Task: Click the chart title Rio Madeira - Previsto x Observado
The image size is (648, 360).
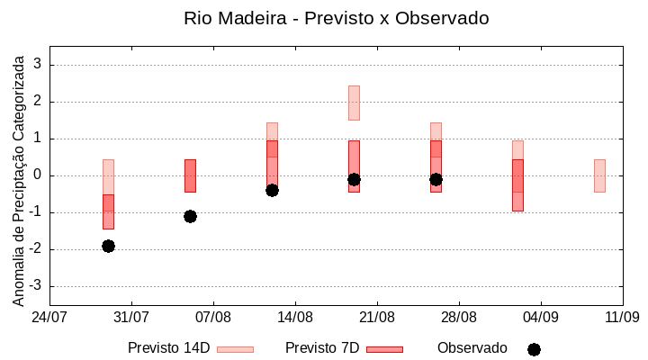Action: pyautogui.click(x=336, y=18)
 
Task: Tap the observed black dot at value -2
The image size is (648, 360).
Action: pyautogui.click(x=108, y=246)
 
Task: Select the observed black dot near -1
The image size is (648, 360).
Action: pyautogui.click(x=190, y=216)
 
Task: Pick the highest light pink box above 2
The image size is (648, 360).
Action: pyautogui.click(x=354, y=103)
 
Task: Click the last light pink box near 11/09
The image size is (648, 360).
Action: pyautogui.click(x=599, y=175)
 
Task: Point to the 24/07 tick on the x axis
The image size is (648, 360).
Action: pyautogui.click(x=49, y=317)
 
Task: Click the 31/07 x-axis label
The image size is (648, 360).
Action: pyautogui.click(x=131, y=317)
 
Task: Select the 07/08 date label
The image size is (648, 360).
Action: pyautogui.click(x=213, y=317)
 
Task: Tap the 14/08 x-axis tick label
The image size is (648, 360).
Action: pyautogui.click(x=295, y=317)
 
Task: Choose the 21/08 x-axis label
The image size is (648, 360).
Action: pyautogui.click(x=377, y=317)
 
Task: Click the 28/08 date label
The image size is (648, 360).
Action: pyautogui.click(x=459, y=317)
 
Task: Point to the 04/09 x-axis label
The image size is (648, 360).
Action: pyautogui.click(x=541, y=317)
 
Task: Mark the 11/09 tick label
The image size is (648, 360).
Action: pyautogui.click(x=622, y=317)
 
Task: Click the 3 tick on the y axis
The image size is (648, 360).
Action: pyautogui.click(x=39, y=65)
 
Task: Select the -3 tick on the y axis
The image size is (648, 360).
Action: pyautogui.click(x=36, y=286)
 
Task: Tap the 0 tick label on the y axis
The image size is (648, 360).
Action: pyautogui.click(x=39, y=175)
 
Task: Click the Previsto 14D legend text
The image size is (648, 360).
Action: pyautogui.click(x=168, y=348)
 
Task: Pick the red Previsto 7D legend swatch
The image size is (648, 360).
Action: pyautogui.click(x=384, y=349)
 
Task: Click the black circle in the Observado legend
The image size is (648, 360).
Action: pyautogui.click(x=534, y=349)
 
